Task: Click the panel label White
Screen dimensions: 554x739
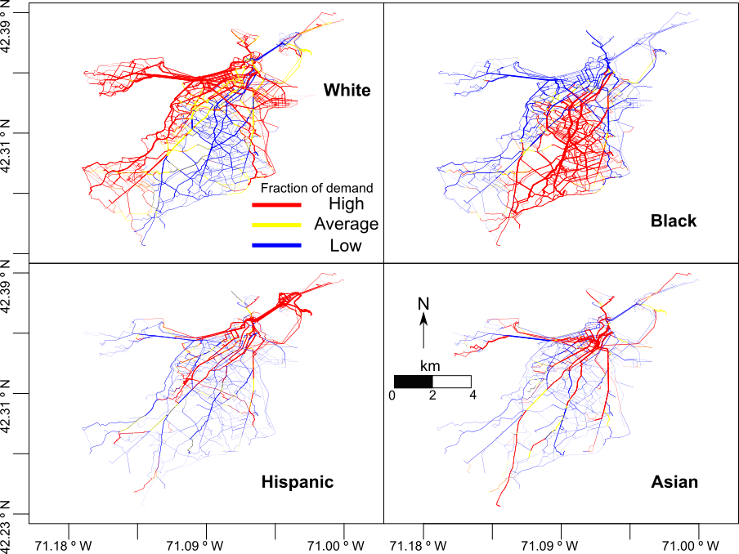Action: (x=346, y=90)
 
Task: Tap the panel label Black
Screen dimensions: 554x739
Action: (x=674, y=221)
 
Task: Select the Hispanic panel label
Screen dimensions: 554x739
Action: (x=297, y=482)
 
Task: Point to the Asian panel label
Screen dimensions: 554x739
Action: (x=674, y=482)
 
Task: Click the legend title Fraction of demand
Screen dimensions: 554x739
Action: (x=316, y=188)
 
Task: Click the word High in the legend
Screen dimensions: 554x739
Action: (x=346, y=204)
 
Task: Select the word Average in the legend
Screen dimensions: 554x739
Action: (x=346, y=224)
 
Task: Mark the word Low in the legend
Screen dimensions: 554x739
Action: (x=346, y=246)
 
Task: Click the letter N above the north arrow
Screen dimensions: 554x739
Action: (x=423, y=304)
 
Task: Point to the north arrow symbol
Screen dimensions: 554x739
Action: (x=423, y=331)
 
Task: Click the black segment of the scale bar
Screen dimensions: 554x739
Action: (x=413, y=382)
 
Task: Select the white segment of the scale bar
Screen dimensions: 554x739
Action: (x=451, y=382)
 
